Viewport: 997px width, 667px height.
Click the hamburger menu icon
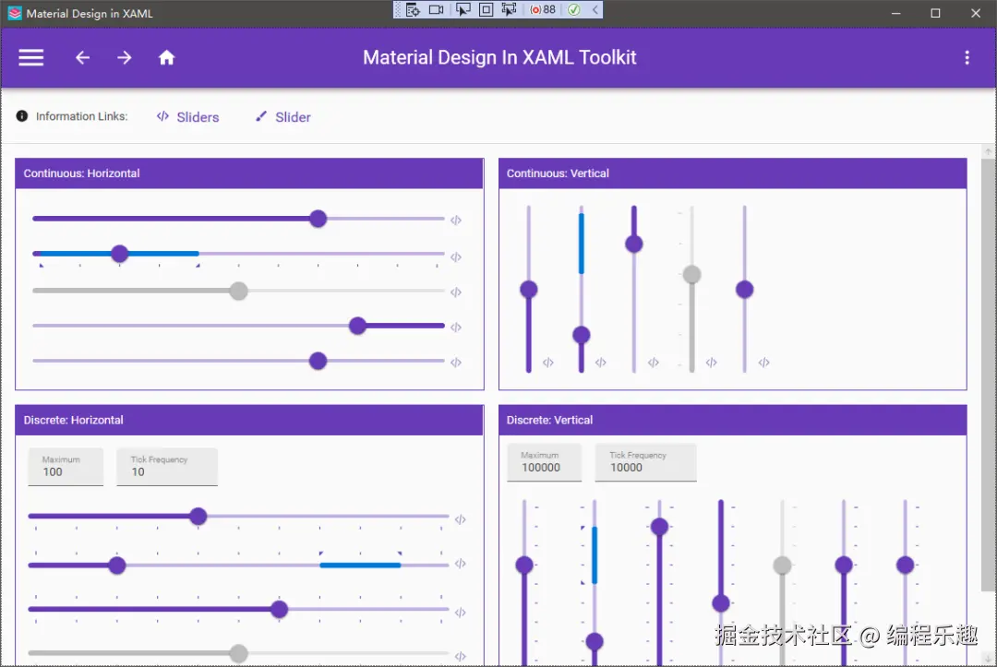click(30, 58)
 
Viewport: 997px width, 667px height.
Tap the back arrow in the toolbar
click(83, 58)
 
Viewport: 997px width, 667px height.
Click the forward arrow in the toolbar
click(125, 58)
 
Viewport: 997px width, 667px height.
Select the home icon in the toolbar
click(166, 58)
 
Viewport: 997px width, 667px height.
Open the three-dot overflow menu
click(967, 58)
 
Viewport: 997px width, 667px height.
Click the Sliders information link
click(188, 117)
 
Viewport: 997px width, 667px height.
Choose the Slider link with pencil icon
click(283, 117)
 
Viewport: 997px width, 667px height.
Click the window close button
click(976, 13)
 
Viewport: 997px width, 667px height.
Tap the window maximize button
click(935, 13)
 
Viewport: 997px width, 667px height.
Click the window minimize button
click(895, 13)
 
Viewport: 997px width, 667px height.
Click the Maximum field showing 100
click(66, 467)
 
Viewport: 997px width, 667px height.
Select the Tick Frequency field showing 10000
click(645, 462)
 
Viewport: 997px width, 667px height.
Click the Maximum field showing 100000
click(544, 462)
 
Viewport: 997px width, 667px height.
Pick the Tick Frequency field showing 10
click(166, 467)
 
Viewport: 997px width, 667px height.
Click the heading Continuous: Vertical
click(558, 173)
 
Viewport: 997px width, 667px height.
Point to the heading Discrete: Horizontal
click(73, 420)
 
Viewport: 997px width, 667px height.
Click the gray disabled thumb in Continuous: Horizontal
click(238, 291)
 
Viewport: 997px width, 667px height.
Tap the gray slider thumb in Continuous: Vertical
click(691, 274)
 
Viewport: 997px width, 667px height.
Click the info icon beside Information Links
click(21, 116)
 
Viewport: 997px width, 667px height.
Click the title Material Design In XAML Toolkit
click(499, 58)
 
